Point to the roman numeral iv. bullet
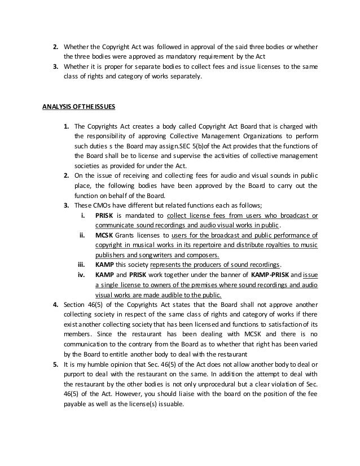point(82,274)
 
